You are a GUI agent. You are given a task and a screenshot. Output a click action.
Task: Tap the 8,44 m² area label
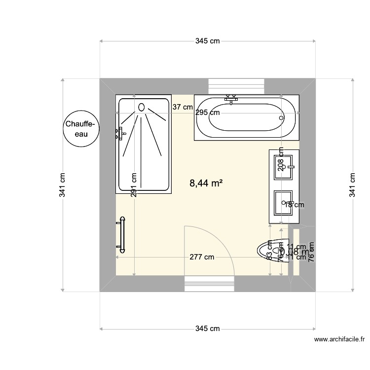point(206,184)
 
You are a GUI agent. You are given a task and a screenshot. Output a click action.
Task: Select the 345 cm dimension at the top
point(208,41)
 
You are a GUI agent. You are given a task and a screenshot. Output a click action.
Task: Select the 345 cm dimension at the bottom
point(208,329)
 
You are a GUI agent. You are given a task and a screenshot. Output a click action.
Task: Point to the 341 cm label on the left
point(63,185)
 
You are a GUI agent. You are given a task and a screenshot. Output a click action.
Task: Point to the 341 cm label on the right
point(352,185)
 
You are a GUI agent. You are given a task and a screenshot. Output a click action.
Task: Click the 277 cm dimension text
point(202,257)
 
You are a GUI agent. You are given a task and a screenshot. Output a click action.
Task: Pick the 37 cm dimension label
point(183,107)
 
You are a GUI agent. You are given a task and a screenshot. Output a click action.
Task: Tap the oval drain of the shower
point(142,107)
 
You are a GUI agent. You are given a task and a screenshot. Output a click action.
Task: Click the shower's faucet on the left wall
point(119,133)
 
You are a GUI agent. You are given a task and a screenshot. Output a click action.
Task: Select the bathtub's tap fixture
point(231,99)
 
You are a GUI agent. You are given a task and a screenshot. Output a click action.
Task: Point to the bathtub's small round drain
point(282,118)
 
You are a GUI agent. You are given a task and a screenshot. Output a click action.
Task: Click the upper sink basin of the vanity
point(284,167)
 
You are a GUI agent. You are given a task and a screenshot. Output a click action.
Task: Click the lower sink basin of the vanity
point(284,203)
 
